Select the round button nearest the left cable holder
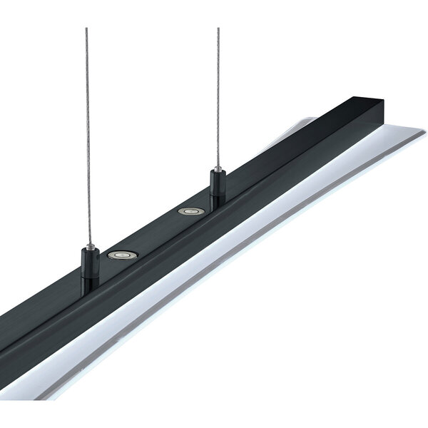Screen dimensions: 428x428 123,253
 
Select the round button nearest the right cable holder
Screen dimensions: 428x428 189,211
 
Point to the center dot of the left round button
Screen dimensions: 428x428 123,253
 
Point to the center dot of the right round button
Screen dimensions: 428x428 189,211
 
